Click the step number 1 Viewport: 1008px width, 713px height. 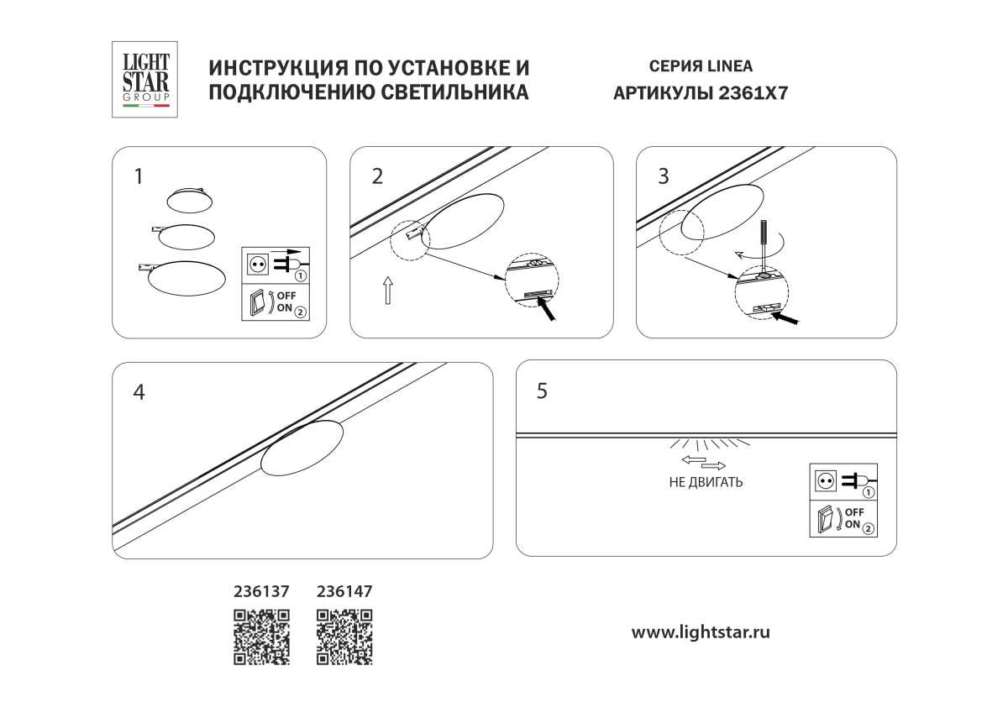coord(139,176)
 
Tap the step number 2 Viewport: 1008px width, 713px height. coord(377,176)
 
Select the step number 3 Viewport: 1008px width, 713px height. coord(664,176)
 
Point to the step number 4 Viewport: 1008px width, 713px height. coord(139,392)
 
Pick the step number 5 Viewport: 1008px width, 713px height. coord(542,391)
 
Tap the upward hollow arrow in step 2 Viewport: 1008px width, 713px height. coord(387,289)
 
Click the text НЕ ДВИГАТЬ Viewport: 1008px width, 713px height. coord(706,483)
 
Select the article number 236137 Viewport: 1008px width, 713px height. coord(261,591)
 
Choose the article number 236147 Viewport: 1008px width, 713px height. coord(344,591)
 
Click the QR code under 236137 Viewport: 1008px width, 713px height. coord(261,637)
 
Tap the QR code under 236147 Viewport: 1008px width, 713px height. coord(344,637)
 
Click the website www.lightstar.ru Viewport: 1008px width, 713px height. coord(701,632)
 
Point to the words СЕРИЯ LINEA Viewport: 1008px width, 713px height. coord(701,66)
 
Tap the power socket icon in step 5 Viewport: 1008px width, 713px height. coord(824,480)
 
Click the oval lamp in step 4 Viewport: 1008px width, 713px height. coord(302,448)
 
